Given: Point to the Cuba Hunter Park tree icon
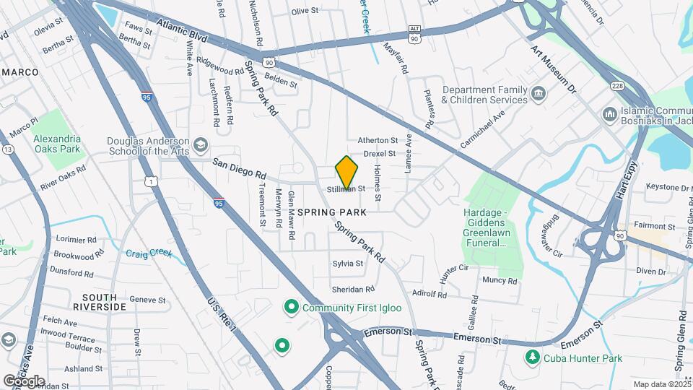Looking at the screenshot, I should coord(532,357).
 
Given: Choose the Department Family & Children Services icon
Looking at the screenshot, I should coord(538,94).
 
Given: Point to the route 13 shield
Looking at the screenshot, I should coord(7,149).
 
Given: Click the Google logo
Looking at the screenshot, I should coord(24,381).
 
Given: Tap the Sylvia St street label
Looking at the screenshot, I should coord(347,264).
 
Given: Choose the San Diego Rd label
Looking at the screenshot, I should coord(240,170).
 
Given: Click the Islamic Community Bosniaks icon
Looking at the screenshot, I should coord(609,114).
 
